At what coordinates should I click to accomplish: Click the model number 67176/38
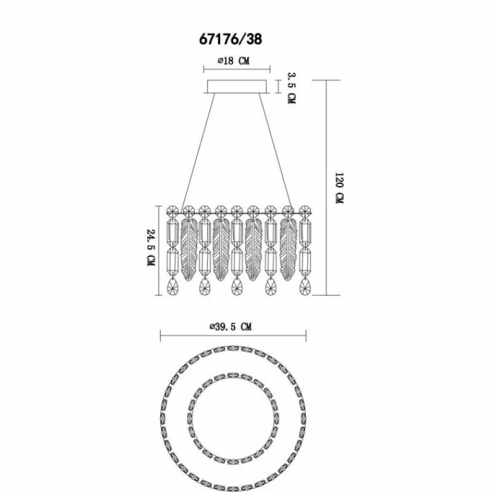(x=231, y=39)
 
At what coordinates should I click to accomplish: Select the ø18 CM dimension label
(x=234, y=60)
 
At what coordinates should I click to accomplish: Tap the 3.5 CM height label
(x=292, y=88)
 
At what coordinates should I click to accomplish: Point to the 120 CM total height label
(x=339, y=188)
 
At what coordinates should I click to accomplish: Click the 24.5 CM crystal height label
(x=151, y=248)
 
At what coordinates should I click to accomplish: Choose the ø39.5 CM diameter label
(x=231, y=327)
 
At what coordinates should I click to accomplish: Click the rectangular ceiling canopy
(x=237, y=87)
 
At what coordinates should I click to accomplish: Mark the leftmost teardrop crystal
(x=172, y=286)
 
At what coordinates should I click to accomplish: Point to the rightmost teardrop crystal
(x=304, y=286)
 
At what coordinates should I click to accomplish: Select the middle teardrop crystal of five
(x=237, y=286)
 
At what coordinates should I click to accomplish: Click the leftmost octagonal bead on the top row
(x=173, y=212)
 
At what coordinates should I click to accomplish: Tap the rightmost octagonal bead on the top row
(x=304, y=212)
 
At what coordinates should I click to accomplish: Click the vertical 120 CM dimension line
(x=327, y=188)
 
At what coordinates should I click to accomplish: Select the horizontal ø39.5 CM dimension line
(x=233, y=336)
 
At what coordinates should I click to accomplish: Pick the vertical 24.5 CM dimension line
(x=159, y=250)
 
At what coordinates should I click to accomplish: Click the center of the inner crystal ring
(x=233, y=419)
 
